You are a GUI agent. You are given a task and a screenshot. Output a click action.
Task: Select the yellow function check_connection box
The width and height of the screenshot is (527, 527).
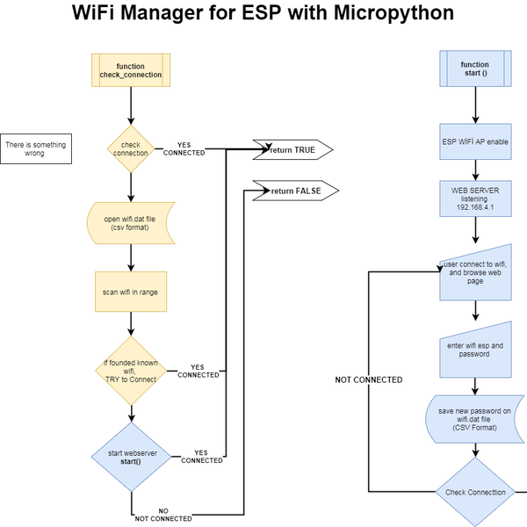[x=131, y=70]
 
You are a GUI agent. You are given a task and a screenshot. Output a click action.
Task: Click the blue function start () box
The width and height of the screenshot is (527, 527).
[x=475, y=69]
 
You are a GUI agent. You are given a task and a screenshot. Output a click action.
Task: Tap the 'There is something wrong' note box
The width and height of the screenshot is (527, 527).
[x=35, y=148]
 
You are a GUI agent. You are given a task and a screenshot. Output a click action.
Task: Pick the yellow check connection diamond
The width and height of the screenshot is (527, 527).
[x=131, y=149]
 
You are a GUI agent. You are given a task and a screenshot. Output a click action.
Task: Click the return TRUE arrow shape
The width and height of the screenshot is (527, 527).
[x=293, y=150]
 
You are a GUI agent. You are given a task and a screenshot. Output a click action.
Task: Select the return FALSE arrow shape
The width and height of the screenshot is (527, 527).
[x=294, y=191]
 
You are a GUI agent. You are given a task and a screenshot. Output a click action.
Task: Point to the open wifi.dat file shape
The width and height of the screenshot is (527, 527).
[x=131, y=224]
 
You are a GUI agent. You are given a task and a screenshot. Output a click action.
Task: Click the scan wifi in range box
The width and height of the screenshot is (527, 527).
[x=131, y=291]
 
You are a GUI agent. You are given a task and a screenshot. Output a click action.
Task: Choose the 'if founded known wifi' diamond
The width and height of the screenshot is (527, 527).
[x=131, y=370]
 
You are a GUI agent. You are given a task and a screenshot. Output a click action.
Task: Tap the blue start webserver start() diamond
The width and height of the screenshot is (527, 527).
[x=131, y=457]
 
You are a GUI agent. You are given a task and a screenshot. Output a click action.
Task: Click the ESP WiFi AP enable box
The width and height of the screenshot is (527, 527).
[x=475, y=141]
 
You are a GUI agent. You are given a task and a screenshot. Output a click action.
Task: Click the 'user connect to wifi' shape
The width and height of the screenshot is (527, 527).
[x=475, y=272]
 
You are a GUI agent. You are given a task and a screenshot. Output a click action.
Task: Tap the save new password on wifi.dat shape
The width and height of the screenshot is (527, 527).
[x=475, y=419]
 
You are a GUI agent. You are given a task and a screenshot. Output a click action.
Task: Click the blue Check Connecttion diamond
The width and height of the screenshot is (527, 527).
[x=475, y=492]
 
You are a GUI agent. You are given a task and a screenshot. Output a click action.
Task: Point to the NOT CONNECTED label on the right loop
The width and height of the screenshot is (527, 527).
[x=369, y=380]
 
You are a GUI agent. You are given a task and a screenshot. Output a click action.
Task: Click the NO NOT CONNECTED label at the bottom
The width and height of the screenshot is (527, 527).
[x=163, y=515]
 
